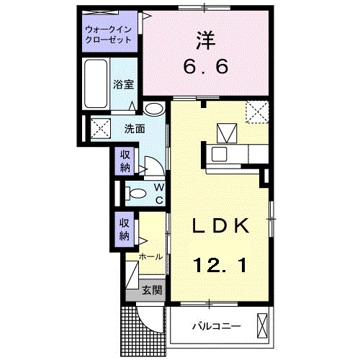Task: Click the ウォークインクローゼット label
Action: click(x=108, y=35)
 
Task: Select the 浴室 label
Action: click(x=122, y=84)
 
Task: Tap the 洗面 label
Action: click(x=135, y=130)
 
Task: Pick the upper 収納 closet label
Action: click(x=125, y=161)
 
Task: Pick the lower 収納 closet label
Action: click(x=125, y=230)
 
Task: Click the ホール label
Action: click(x=150, y=256)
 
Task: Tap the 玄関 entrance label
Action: click(x=152, y=290)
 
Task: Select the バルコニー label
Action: click(x=215, y=327)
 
